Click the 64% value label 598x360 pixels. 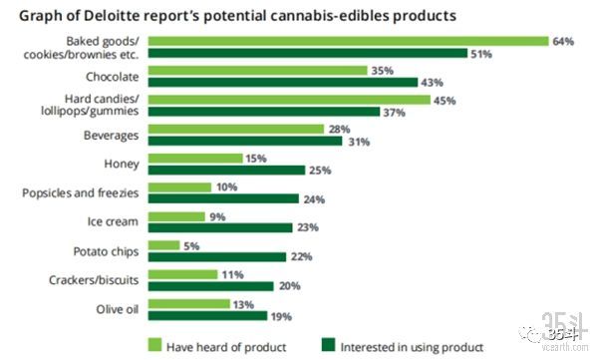pos(564,41)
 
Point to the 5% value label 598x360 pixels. pos(191,245)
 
